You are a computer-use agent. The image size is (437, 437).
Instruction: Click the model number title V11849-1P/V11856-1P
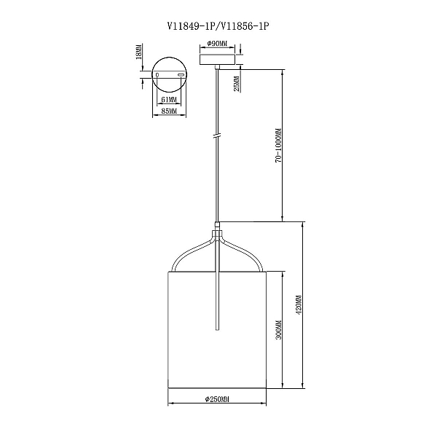pyautogui.click(x=218, y=26)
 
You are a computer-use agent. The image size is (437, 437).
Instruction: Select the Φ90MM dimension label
pyautogui.click(x=217, y=44)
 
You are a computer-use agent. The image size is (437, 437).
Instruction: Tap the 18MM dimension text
pyautogui.click(x=138, y=52)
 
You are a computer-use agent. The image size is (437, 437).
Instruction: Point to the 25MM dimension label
pyautogui.click(x=237, y=84)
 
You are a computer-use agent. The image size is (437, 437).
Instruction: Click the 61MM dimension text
pyautogui.click(x=169, y=99)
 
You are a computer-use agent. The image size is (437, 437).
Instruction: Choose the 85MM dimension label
pyautogui.click(x=169, y=111)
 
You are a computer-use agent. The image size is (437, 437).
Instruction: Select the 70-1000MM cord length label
pyautogui.click(x=278, y=146)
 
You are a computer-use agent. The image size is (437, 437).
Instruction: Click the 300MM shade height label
pyautogui.click(x=278, y=330)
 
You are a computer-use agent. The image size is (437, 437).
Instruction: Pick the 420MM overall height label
pyautogui.click(x=299, y=304)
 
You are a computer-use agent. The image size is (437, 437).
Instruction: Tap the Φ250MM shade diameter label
pyautogui.click(x=217, y=399)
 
